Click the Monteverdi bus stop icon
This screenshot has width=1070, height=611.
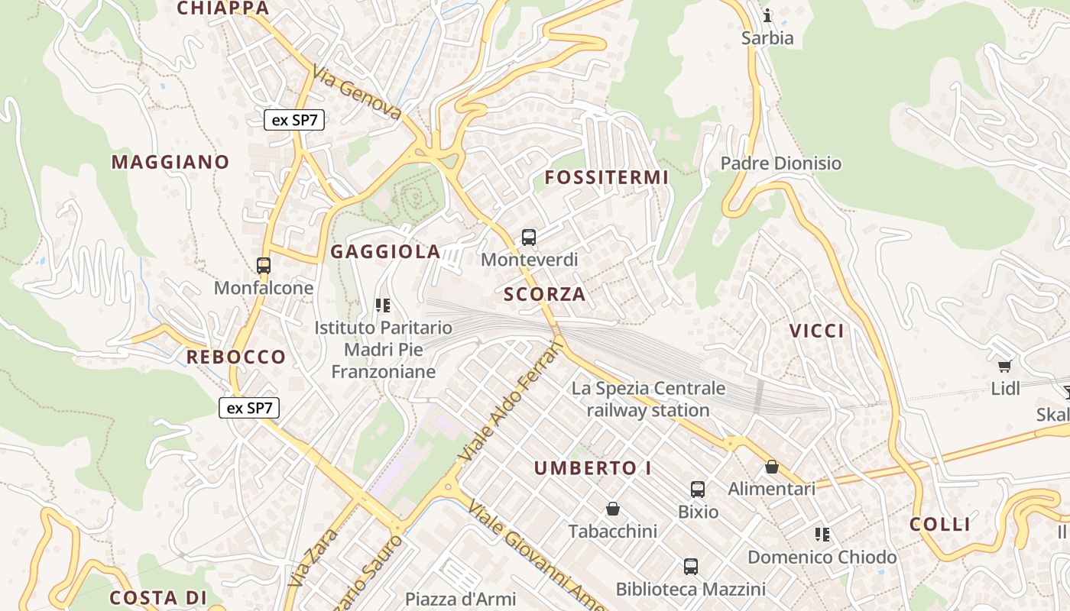(529, 238)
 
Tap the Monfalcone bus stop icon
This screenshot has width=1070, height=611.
(264, 266)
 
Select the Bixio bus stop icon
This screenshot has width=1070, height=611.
(698, 490)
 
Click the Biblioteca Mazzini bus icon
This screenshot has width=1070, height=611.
(691, 567)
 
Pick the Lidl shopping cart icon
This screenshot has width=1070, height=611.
(1005, 367)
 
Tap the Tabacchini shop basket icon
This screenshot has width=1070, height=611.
(612, 509)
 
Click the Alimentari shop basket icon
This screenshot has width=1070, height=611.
(772, 467)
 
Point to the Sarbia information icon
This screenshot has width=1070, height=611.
(767, 15)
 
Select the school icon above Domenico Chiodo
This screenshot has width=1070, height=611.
(822, 535)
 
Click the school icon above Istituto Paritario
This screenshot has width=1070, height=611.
(383, 306)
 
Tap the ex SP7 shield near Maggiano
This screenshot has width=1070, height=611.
(295, 120)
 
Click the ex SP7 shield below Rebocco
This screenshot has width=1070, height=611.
(250, 408)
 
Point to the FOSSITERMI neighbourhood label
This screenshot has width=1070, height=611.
(606, 178)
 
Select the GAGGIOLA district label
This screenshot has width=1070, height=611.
(385, 252)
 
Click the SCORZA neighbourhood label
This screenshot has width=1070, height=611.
(545, 295)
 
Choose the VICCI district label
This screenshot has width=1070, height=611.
(817, 331)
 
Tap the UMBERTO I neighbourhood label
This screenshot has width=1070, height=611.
(592, 468)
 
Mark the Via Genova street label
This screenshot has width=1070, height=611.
(356, 92)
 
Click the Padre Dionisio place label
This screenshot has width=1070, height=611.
(781, 163)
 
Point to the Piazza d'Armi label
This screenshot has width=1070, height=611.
(461, 599)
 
